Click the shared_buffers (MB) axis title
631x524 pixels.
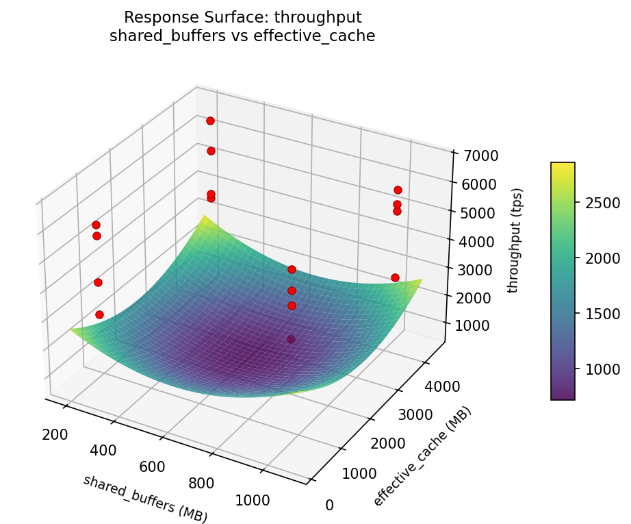tap(145, 499)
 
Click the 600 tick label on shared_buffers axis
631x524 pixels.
tap(152, 466)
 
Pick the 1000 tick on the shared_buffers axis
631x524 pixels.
tap(252, 500)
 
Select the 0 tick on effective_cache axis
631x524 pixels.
tap(329, 506)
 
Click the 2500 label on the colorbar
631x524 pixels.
tap(602, 203)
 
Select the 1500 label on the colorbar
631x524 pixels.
tap(602, 314)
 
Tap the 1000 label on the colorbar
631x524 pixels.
tap(602, 369)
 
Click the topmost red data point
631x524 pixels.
tap(210, 121)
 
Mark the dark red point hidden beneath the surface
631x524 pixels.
tap(291, 339)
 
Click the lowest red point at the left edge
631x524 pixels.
tap(99, 314)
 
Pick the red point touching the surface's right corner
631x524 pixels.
tap(395, 277)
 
